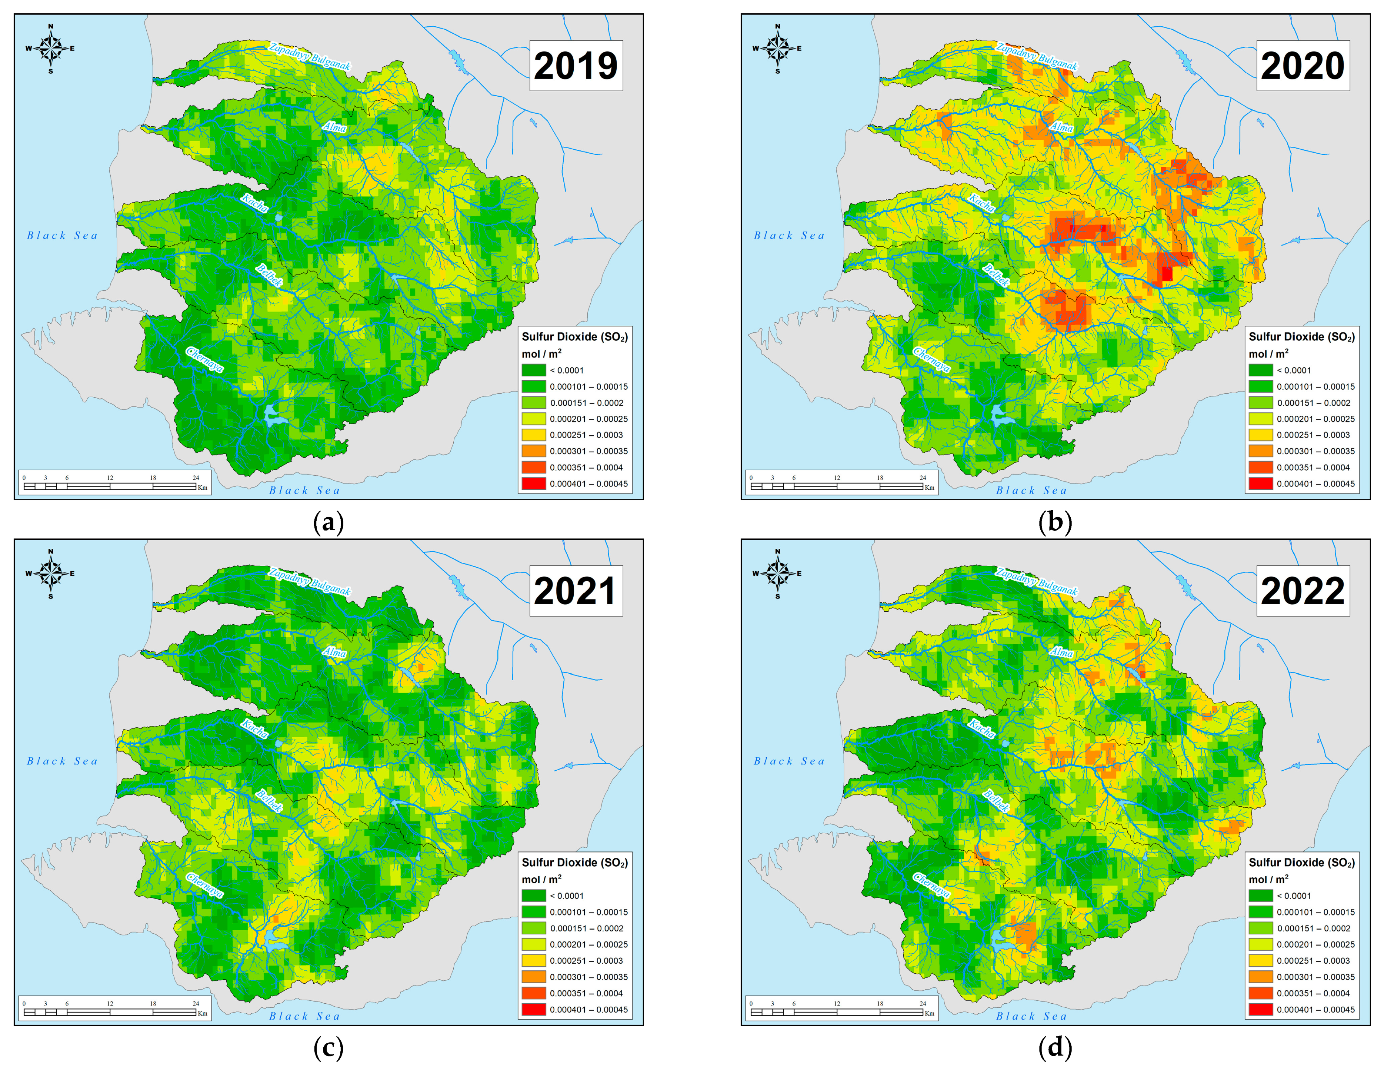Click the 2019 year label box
coord(576,66)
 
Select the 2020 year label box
coord(1302,66)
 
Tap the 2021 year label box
coord(576,591)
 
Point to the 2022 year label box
coord(1302,591)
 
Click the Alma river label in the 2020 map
coord(1061,127)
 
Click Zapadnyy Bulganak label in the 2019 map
coord(309,56)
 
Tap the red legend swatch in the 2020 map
coord(1260,484)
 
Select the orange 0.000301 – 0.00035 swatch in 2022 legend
coord(1260,977)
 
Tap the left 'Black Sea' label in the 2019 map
coord(62,236)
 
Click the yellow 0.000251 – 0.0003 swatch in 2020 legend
coord(1260,435)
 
